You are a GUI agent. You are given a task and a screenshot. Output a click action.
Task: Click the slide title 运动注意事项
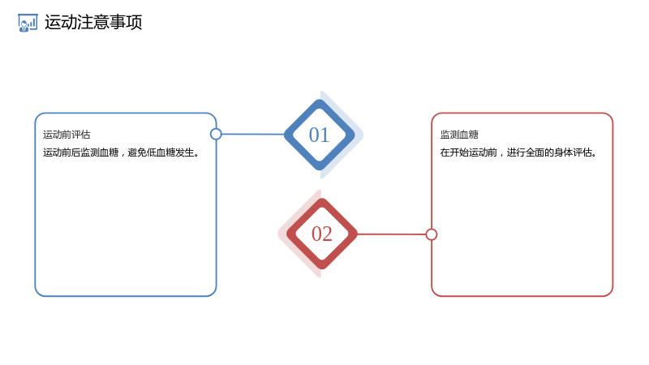pos(93,22)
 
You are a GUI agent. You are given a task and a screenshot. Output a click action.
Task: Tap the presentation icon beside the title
pos(28,23)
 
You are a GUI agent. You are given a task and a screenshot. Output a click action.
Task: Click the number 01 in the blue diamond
pos(319,135)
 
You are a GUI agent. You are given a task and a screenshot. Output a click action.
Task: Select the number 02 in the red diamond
pos(321,234)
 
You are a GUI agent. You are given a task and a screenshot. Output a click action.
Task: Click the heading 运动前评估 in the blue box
pos(67,135)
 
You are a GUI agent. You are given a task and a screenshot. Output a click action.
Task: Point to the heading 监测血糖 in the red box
pos(459,135)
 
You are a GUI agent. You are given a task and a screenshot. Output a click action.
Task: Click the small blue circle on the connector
pos(216,134)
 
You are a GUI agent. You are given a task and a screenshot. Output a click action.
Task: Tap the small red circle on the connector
pos(432,234)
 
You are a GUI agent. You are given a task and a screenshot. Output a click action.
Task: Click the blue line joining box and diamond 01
pos(253,134)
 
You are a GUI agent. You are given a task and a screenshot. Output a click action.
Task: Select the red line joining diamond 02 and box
pos(391,234)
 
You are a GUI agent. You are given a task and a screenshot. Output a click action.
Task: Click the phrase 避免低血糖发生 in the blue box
pos(161,152)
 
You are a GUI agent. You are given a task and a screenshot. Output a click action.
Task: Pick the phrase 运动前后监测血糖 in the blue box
pos(80,152)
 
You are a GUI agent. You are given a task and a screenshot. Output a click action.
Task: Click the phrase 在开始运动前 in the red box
pos(469,152)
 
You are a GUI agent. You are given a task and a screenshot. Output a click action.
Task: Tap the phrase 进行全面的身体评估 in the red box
pos(549,152)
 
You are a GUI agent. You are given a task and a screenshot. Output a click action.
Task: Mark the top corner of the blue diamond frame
pos(319,100)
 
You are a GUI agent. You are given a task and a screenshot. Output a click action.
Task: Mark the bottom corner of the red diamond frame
pos(321,269)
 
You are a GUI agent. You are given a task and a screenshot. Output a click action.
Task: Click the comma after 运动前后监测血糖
pos(123,155)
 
